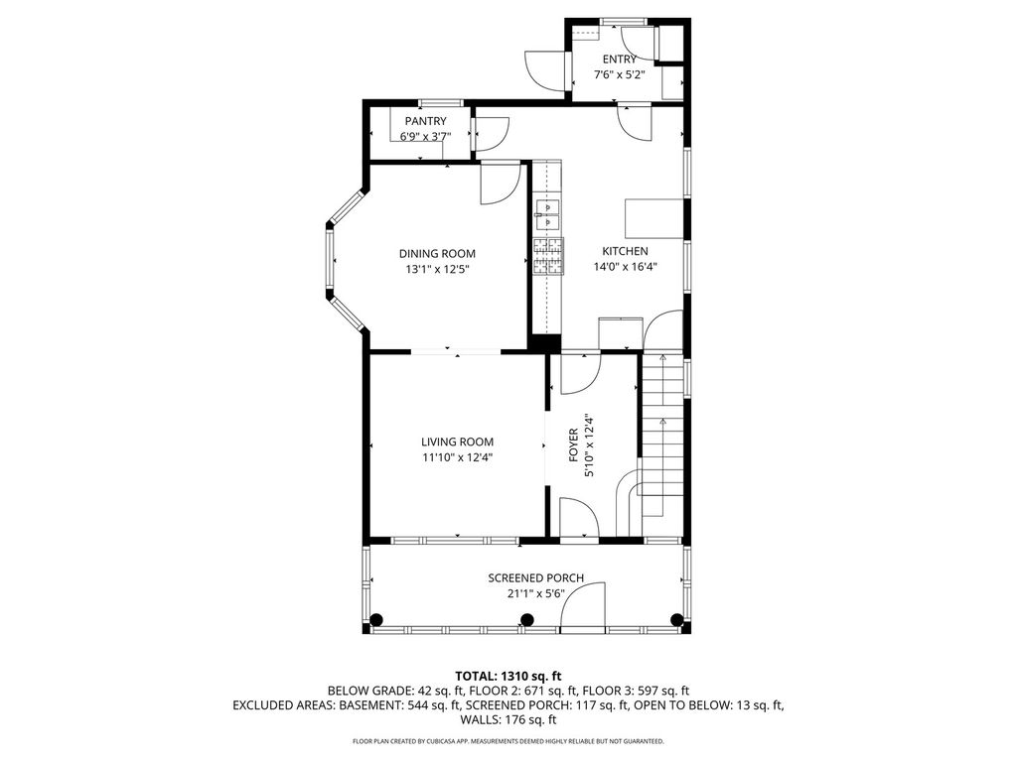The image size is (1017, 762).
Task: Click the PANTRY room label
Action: (x=425, y=121)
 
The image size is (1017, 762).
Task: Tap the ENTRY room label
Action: (x=620, y=60)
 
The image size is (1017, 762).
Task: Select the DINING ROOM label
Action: (x=437, y=254)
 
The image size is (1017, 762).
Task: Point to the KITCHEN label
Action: (x=626, y=251)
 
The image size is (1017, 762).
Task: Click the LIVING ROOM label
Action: (x=457, y=442)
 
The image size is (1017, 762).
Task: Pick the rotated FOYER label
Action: (x=573, y=445)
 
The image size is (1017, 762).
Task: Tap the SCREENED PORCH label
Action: (x=535, y=578)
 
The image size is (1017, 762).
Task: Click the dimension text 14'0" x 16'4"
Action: (x=626, y=266)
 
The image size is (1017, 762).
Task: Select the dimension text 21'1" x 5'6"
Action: (x=535, y=593)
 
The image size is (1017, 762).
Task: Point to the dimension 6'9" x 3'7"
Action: (x=425, y=137)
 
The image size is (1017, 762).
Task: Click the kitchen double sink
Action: (x=547, y=215)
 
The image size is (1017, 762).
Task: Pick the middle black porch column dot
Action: (x=527, y=619)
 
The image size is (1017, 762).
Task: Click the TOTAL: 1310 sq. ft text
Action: (x=508, y=677)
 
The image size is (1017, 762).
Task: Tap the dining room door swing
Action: (x=501, y=184)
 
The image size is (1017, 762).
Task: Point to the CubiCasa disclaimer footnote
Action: (x=508, y=740)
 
